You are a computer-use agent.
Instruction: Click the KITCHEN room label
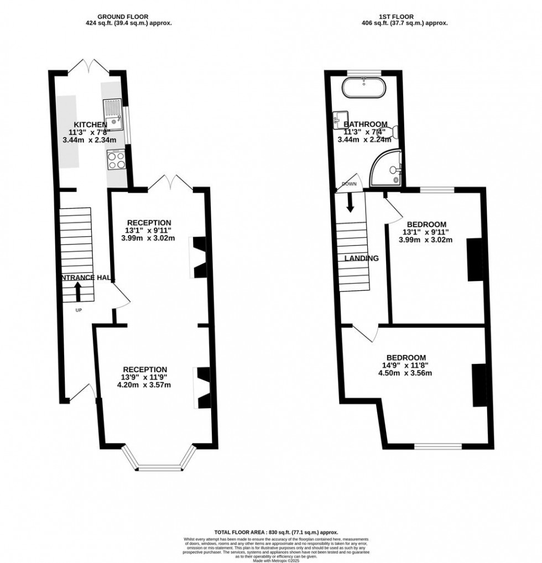87,124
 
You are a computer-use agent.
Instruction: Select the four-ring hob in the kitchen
116,160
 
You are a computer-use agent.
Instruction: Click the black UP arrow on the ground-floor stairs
77,291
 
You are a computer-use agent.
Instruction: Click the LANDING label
361,258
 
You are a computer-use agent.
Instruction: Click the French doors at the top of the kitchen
88,66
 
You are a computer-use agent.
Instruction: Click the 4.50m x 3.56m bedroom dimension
406,373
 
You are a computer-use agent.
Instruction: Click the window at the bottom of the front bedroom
438,446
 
